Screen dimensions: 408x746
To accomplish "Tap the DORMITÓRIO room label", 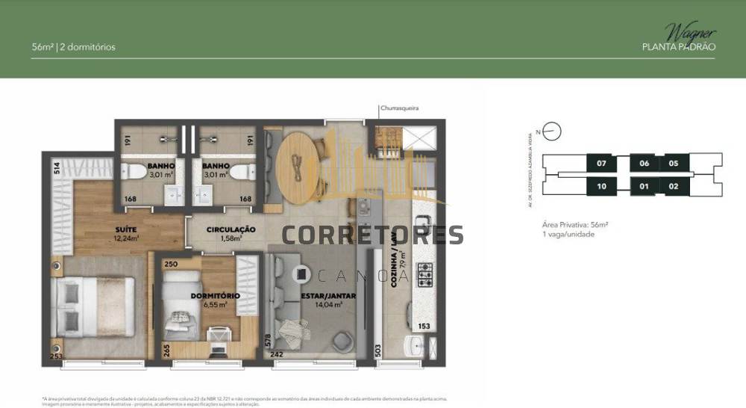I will coord(215,295).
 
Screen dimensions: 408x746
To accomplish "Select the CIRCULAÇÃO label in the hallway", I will coord(221,229).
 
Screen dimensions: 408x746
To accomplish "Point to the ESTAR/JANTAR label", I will coord(328,295).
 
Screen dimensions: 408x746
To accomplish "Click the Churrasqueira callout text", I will coord(398,108).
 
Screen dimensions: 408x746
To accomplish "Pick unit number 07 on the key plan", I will coord(603,163).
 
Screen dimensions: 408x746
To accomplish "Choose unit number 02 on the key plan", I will coord(674,186).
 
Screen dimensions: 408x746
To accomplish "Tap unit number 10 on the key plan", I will coord(603,186).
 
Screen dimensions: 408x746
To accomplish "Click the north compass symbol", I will coord(551,132).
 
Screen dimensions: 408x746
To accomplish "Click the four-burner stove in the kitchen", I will coord(424,278).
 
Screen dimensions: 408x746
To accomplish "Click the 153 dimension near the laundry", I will coord(424,326).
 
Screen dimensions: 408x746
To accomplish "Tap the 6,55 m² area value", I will coord(215,304).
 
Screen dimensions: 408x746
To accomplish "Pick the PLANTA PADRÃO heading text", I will coord(679,46).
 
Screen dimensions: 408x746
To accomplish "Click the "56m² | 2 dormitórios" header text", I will coord(74,47).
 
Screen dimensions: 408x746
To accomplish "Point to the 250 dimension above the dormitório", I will coord(169,265).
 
